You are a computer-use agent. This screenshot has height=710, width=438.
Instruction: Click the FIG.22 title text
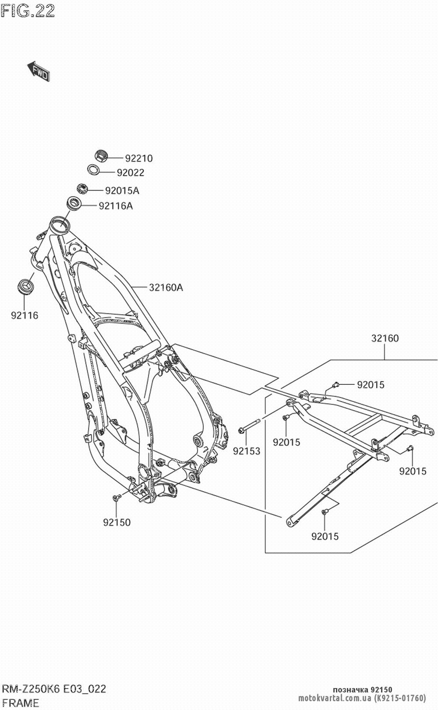pos(27,11)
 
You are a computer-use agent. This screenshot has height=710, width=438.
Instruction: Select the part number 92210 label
pos(139,158)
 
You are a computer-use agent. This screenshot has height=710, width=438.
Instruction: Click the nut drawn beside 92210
pos(101,155)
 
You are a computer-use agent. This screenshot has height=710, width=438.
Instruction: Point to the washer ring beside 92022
pos(92,169)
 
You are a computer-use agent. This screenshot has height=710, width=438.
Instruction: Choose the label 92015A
pos(122,191)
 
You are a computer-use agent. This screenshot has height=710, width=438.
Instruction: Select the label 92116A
pos(116,206)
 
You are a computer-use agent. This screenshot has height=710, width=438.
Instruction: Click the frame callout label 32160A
pos(166,288)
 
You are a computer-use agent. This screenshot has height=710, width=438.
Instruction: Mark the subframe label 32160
pos(385,338)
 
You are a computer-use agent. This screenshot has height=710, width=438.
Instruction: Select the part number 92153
pos(246,451)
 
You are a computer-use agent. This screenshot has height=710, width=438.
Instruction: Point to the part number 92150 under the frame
pos(117,522)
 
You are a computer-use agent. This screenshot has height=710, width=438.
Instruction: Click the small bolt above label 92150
pos(117,497)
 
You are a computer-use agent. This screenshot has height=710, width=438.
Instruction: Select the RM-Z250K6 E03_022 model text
pos(54,689)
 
